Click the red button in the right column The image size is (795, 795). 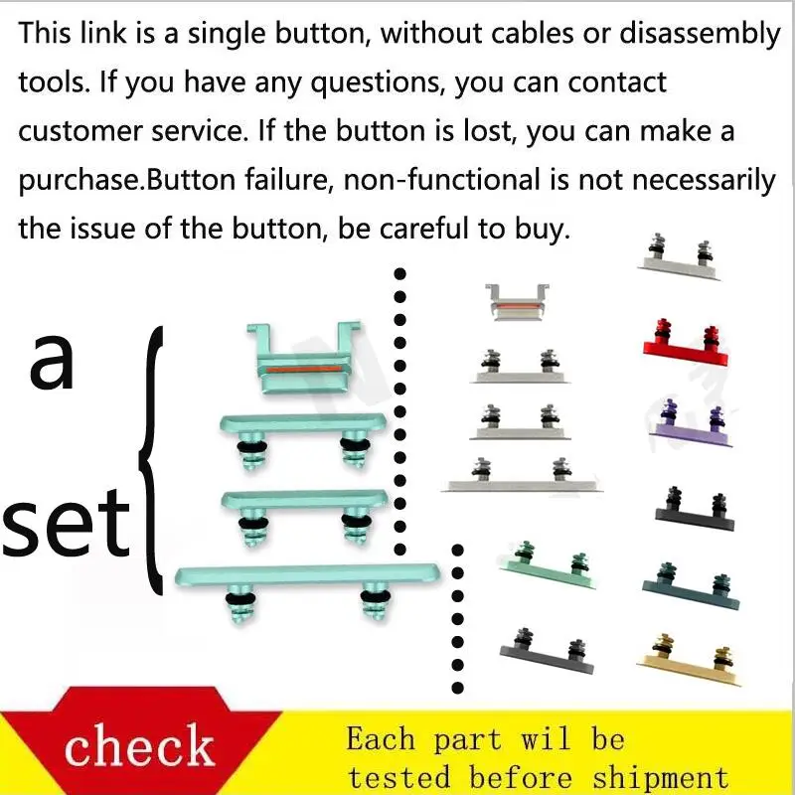[x=686, y=344]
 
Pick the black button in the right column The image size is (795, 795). [x=695, y=511]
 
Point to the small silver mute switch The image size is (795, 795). [x=517, y=302]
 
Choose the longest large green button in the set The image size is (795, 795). [x=307, y=591]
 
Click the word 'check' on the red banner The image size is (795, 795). [x=139, y=744]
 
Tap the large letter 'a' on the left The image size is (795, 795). [x=52, y=361]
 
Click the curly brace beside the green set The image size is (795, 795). [x=151, y=460]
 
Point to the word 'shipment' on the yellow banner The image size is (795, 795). [x=661, y=778]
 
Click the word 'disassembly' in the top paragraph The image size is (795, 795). [x=700, y=35]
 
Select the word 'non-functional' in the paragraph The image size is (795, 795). [x=441, y=180]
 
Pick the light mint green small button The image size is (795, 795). [x=548, y=565]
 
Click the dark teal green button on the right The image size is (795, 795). [x=691, y=586]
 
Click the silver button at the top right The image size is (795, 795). [x=679, y=257]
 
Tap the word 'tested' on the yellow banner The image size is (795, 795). [x=399, y=778]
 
